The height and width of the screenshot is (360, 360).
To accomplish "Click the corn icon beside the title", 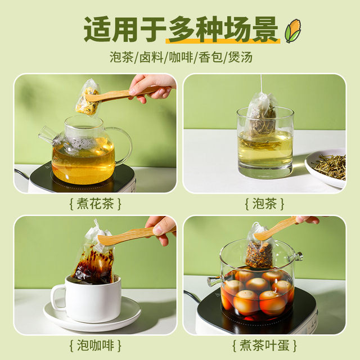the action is click(x=292, y=31).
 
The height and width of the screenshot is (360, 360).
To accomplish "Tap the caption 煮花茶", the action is click(x=95, y=204).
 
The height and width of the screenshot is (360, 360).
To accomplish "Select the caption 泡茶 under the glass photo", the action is click(x=264, y=204).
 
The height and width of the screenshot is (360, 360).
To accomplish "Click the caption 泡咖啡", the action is click(x=95, y=345).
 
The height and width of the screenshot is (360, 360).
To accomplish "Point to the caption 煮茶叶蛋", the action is click(x=264, y=345).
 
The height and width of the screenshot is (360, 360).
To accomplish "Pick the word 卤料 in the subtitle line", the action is click(x=151, y=57).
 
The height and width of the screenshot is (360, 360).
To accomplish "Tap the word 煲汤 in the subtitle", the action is click(x=240, y=57).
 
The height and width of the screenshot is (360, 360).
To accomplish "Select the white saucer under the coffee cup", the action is click(x=92, y=316).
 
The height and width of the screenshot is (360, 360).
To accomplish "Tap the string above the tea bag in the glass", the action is click(x=261, y=83).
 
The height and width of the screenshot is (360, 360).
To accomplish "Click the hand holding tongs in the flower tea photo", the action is click(x=151, y=87).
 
